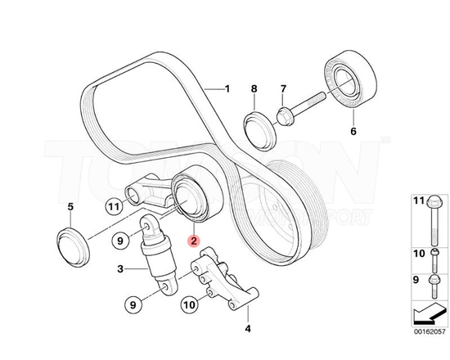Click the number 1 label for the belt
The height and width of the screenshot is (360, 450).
coord(228,88)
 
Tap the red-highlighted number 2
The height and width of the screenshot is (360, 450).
coord(192,241)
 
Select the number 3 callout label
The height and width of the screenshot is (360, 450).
coord(119,269)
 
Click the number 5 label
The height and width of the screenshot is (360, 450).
coord(70,207)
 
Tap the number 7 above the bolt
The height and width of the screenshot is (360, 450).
coord(283,88)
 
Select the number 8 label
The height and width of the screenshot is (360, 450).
coord(254,88)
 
